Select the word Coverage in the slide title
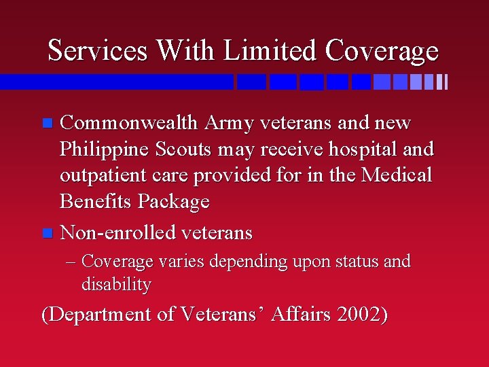click(x=382, y=51)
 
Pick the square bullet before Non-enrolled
click(x=46, y=234)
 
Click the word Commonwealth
click(x=129, y=123)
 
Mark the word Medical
click(x=396, y=175)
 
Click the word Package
click(x=174, y=202)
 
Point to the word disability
click(x=115, y=285)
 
